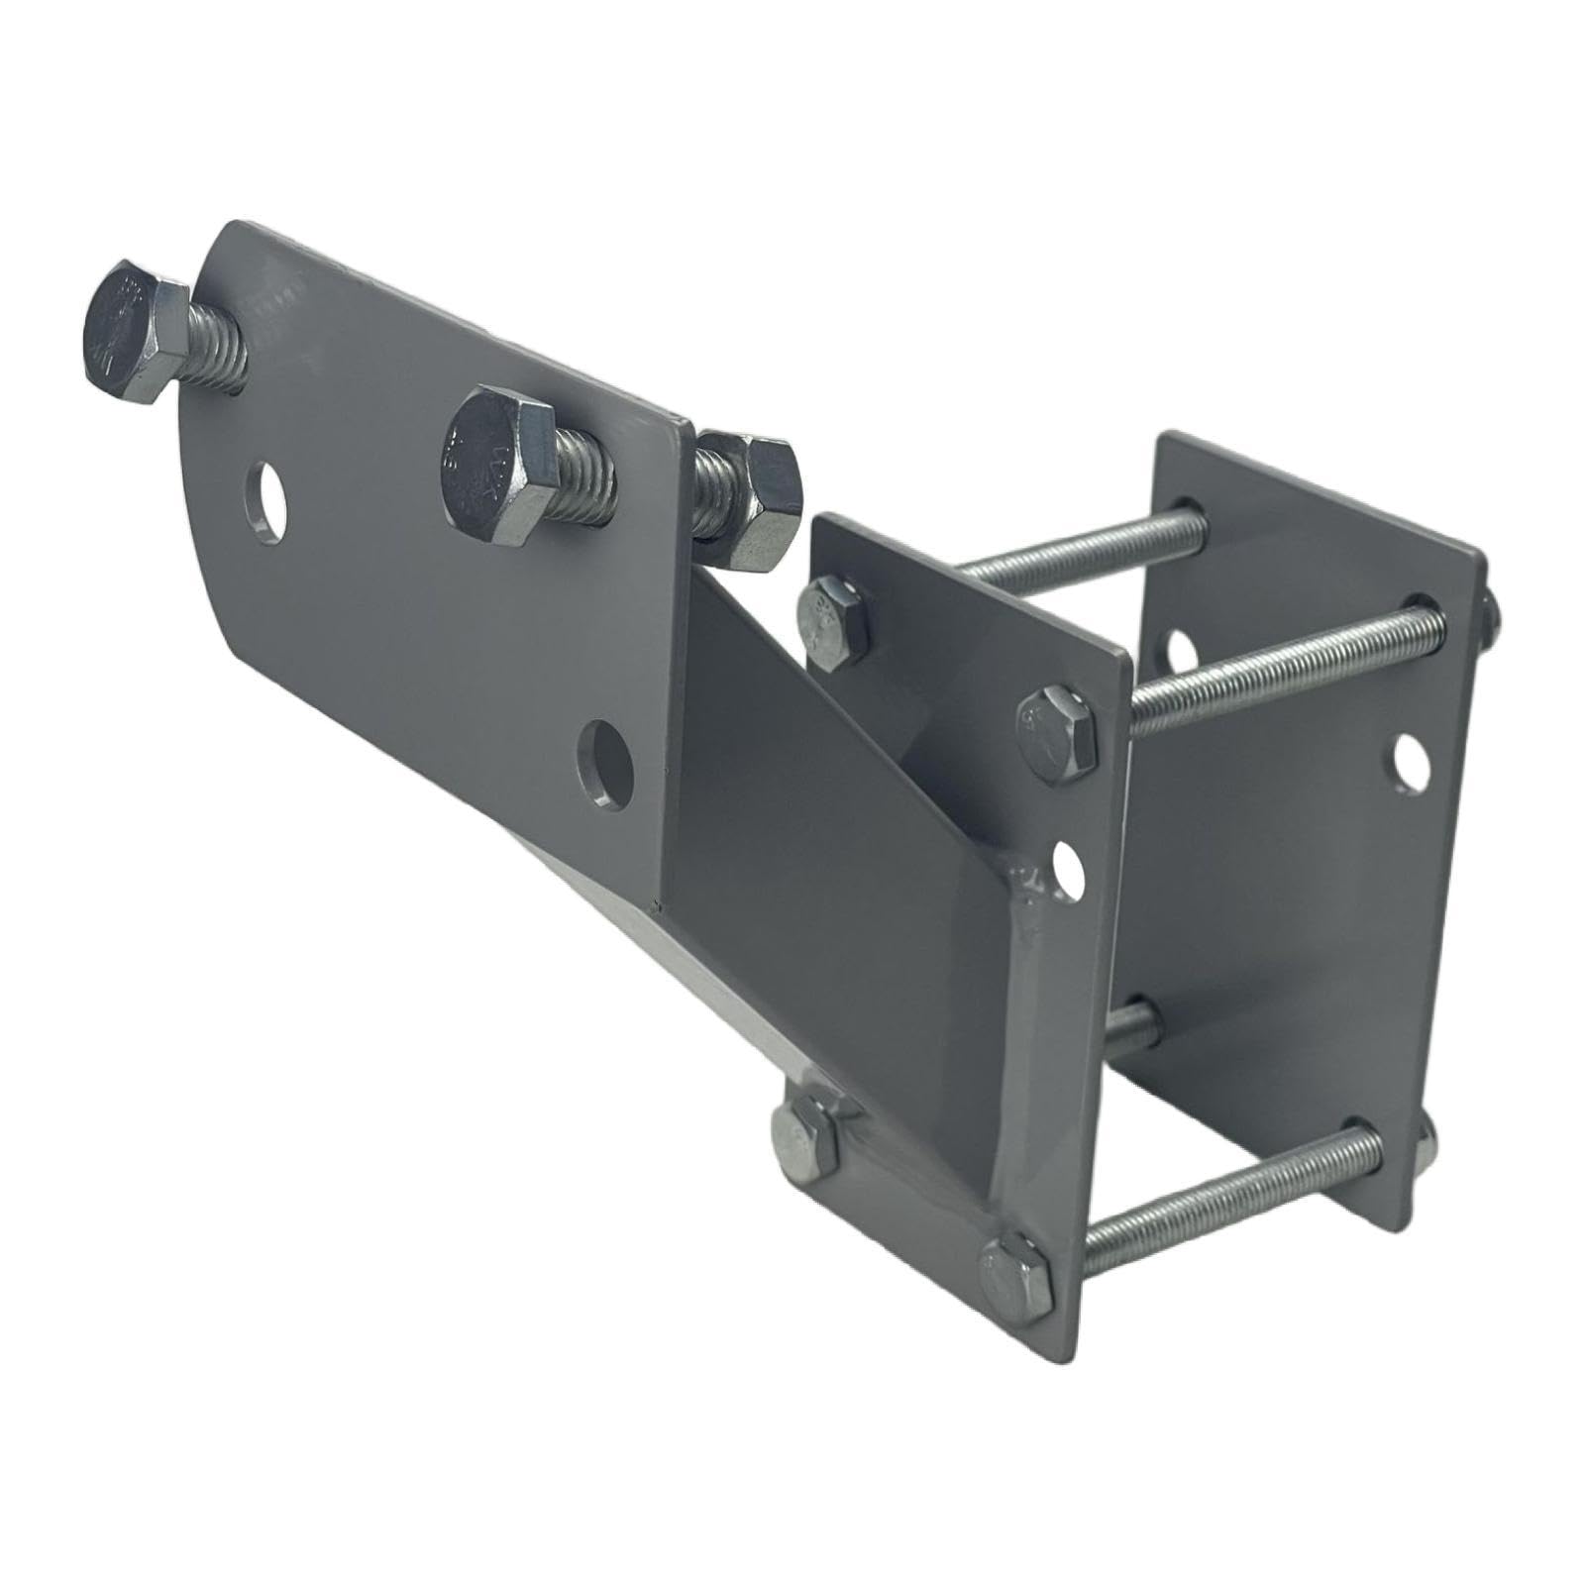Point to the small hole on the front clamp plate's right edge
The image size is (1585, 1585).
point(1068,866)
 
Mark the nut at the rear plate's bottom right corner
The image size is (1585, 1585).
point(1426,1149)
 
